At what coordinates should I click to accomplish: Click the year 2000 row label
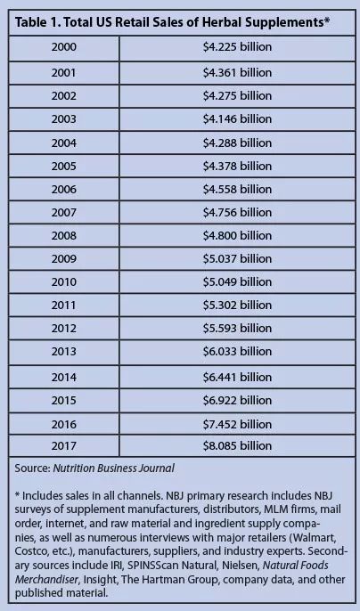click(63, 47)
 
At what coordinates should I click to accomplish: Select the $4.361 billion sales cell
click(237, 73)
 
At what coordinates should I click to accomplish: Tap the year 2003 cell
click(63, 118)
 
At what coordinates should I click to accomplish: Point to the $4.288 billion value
click(237, 143)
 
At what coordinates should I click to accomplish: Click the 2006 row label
click(63, 190)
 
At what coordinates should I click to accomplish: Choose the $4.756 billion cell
click(237, 212)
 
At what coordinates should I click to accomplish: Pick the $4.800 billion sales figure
click(237, 235)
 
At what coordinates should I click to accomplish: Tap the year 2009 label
click(63, 258)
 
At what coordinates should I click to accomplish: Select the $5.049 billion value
click(237, 281)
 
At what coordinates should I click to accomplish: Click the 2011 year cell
click(63, 305)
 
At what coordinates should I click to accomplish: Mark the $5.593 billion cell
click(237, 328)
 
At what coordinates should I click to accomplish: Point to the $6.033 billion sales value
click(237, 352)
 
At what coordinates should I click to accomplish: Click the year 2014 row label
click(63, 378)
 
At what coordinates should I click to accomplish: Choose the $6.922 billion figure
click(237, 400)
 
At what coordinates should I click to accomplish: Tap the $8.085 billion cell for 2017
click(237, 445)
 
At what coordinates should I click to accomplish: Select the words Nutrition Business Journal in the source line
click(113, 468)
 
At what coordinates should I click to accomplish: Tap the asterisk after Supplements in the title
click(327, 20)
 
